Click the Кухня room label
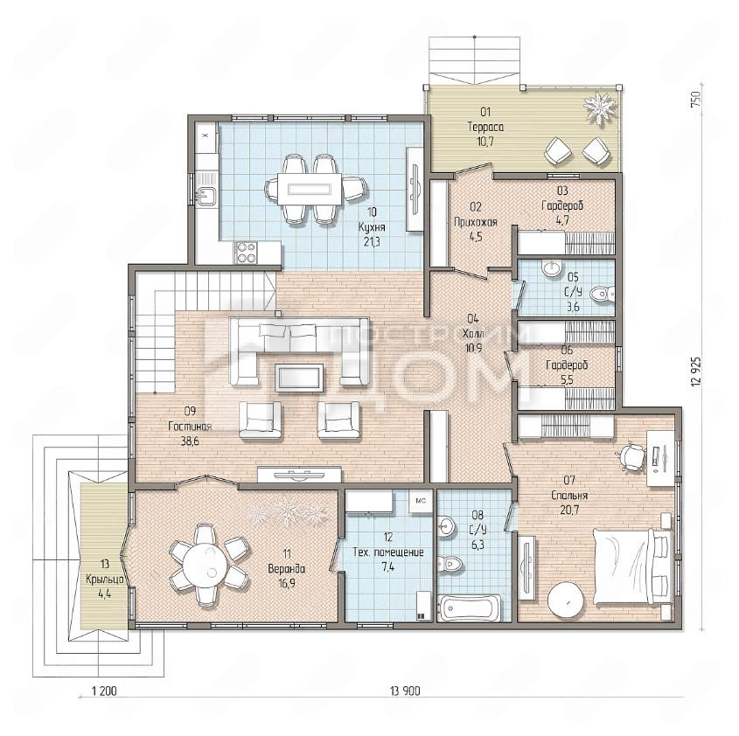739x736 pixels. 372,227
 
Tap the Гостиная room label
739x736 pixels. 190,427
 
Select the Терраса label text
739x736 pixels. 485,127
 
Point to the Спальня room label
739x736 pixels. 570,496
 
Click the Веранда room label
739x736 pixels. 287,569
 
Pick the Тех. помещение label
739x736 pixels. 388,552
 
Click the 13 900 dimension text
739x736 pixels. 405,691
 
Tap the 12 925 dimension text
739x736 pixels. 696,371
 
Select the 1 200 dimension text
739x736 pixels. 104,691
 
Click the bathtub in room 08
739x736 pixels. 470,608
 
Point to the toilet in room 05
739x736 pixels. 602,295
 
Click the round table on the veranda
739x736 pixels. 207,565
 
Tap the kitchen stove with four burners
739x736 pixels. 246,252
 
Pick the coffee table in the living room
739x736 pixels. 299,377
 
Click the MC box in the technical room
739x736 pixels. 421,502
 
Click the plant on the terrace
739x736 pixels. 599,109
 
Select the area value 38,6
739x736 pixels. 190,441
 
